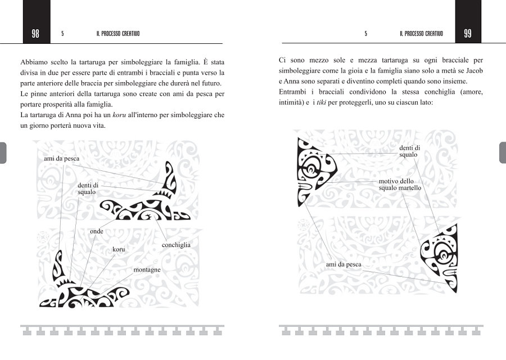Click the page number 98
point(35,33)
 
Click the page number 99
point(468,33)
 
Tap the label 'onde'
point(97,231)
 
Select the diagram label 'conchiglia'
point(176,245)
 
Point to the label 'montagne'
point(147,269)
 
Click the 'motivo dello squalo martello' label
point(400,184)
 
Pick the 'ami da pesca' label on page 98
point(61,159)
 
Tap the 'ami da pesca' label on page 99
point(344,264)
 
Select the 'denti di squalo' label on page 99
point(409,151)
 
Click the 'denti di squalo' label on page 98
point(88,188)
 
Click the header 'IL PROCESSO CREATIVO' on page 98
point(118,34)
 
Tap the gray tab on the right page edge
point(502,152)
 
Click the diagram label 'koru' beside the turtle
point(118,249)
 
